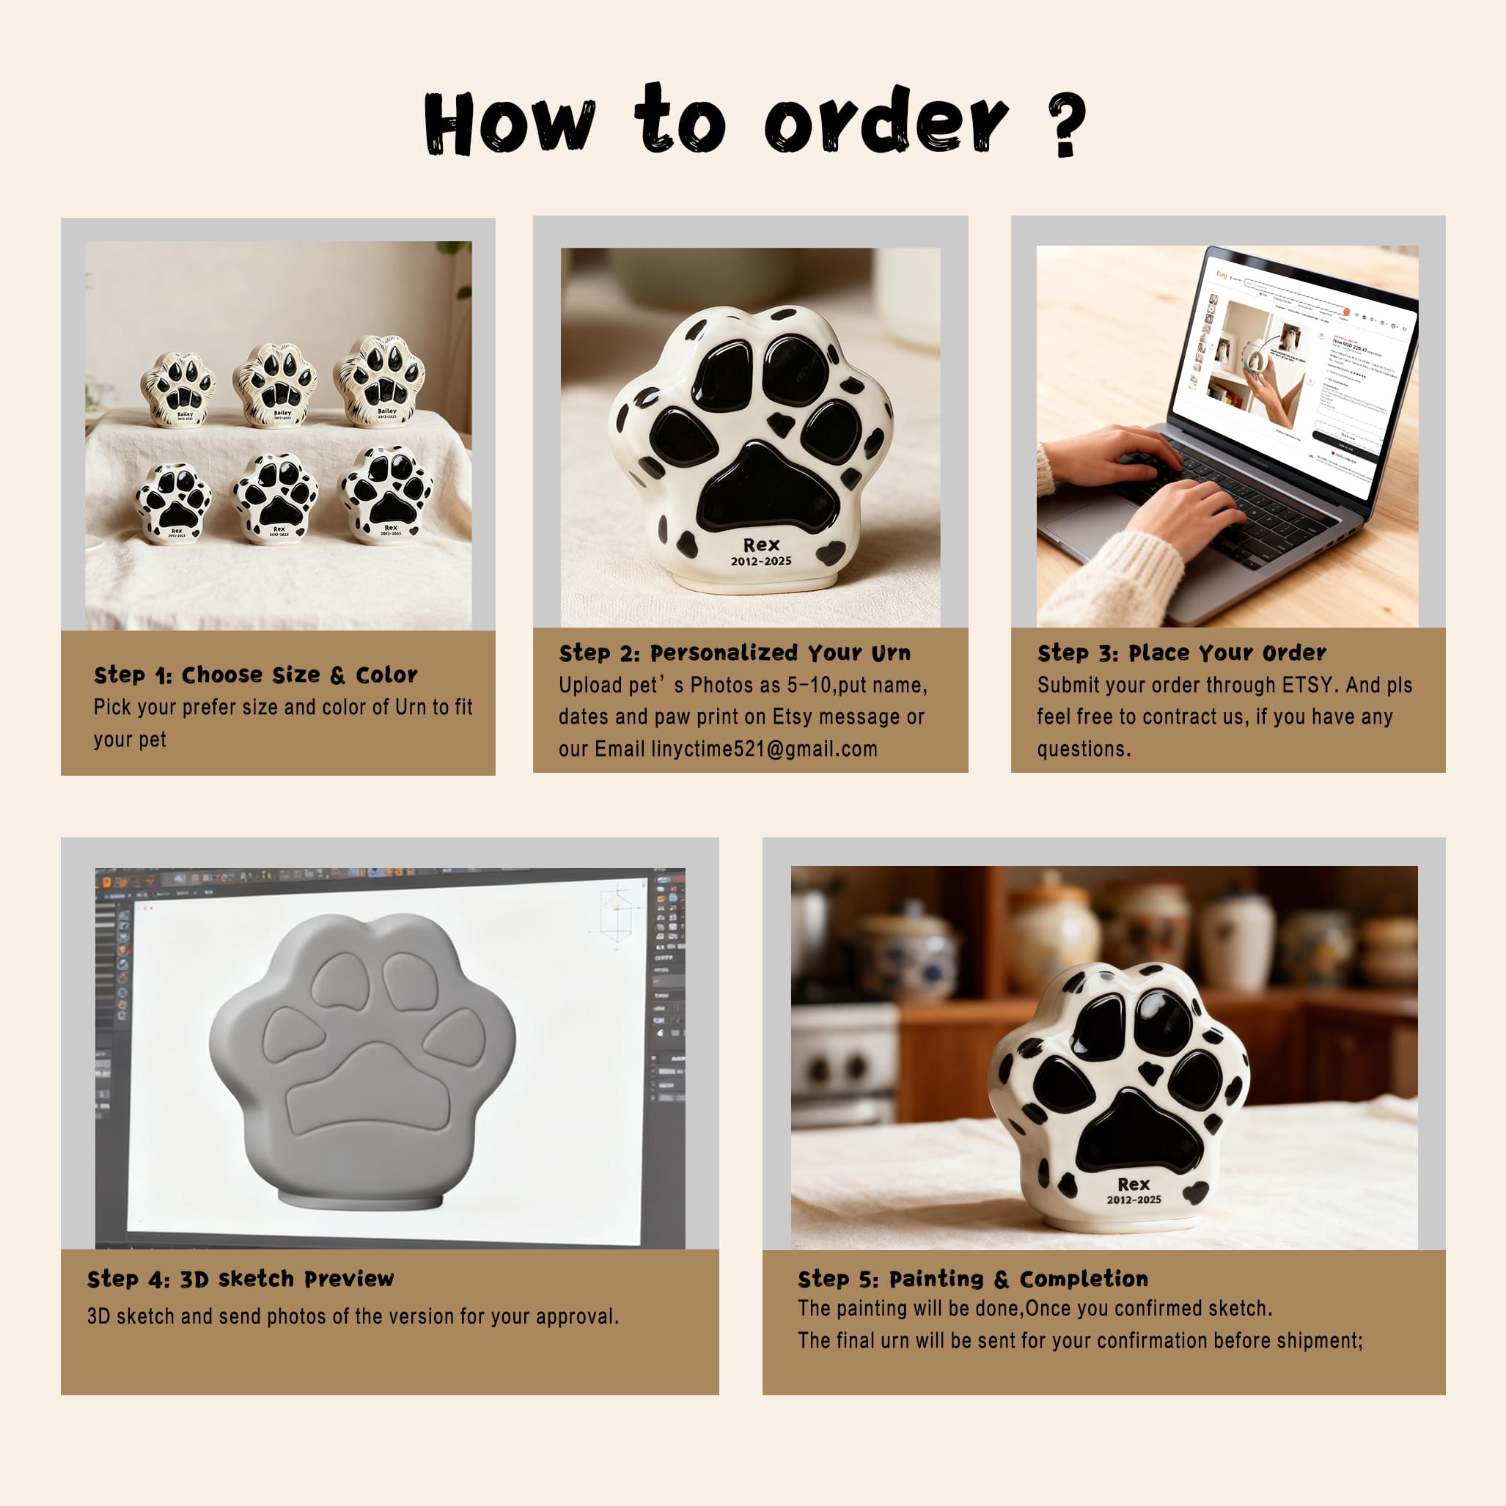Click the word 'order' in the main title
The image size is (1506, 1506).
886,121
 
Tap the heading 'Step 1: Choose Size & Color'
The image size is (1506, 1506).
256,675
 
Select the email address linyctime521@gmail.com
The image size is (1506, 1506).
764,749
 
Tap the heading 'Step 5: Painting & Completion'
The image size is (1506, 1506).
972,1279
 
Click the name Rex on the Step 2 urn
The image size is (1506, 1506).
761,545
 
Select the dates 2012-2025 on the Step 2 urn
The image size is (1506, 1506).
761,561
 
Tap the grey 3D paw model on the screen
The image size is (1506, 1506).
362,1060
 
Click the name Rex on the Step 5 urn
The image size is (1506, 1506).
1134,1184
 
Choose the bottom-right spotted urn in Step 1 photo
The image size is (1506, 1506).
386,495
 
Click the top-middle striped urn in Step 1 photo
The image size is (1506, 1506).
274,385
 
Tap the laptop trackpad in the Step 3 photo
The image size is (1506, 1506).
1091,518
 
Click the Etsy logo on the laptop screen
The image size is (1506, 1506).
1221,274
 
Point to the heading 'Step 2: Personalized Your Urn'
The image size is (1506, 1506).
734,653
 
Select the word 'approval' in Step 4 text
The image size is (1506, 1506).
577,1317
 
